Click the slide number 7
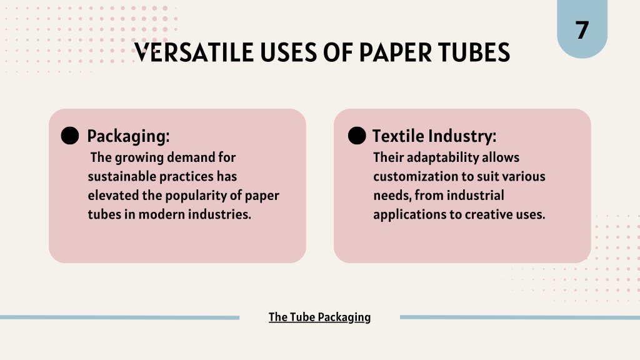coord(582,30)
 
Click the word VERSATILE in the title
coord(194,52)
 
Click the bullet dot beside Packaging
coord(70,136)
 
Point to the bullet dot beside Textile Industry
coord(357,136)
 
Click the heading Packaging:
coord(128,136)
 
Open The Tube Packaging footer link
coord(319,317)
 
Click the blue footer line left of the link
coord(119,317)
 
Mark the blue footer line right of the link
coord(520,317)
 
